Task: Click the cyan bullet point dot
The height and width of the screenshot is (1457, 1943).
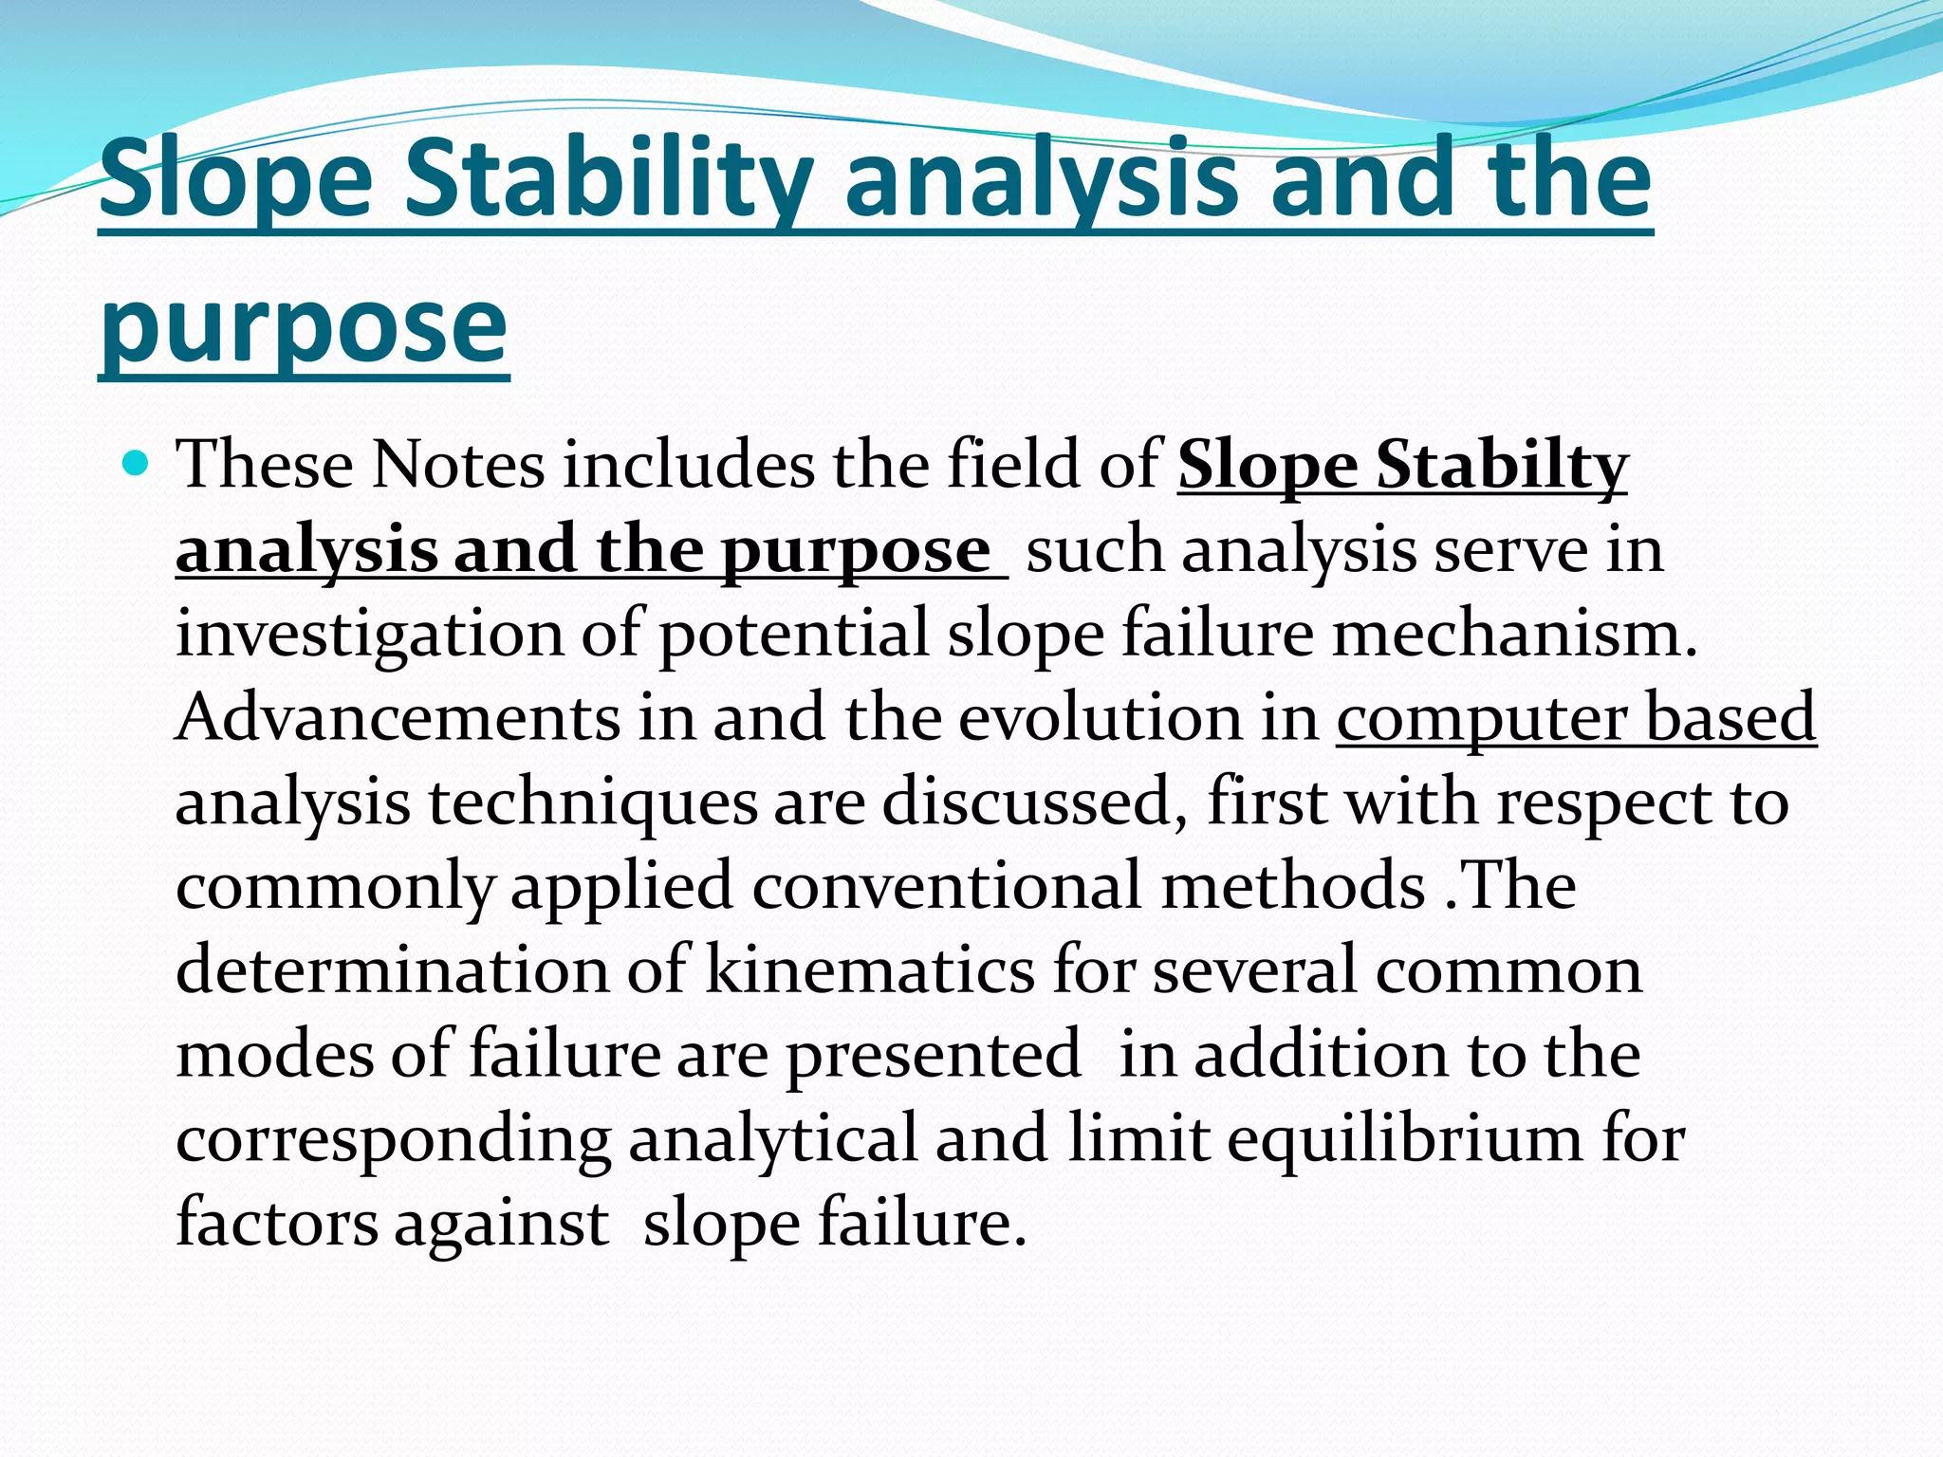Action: tap(138, 464)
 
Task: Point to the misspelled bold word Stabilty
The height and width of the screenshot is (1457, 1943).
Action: tap(1503, 465)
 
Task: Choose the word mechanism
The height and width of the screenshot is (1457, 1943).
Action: tap(1514, 634)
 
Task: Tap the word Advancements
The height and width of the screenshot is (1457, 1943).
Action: tap(398, 717)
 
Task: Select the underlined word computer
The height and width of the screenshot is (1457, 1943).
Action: tap(1481, 717)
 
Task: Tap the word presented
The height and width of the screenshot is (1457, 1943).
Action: tap(934, 1054)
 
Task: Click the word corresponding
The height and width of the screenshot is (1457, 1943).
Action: tap(394, 1138)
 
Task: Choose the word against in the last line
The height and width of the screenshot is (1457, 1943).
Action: tap(501, 1223)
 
